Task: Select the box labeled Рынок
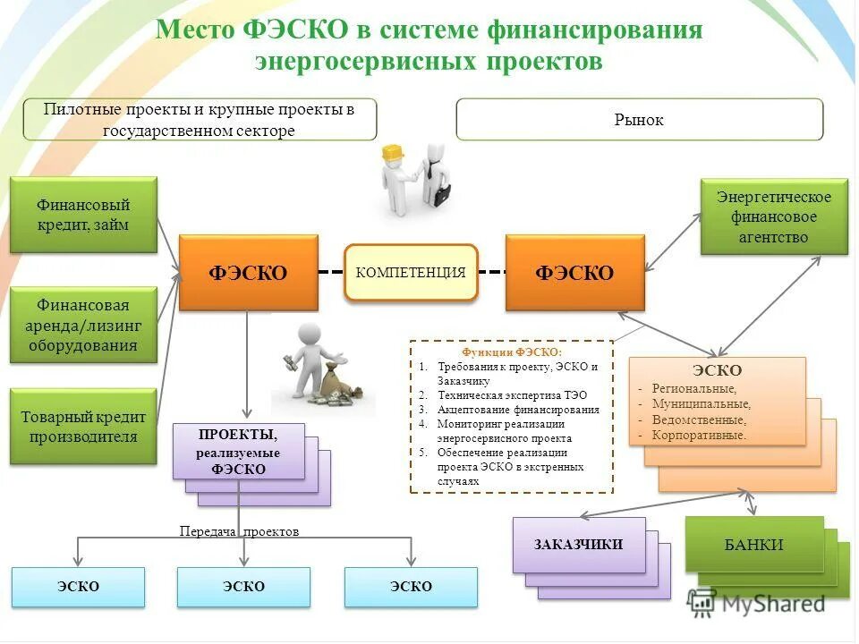click(639, 119)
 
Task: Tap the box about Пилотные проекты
click(200, 119)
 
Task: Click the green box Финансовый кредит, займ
click(83, 215)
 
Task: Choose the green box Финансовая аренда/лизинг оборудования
click(83, 325)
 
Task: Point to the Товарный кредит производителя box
click(83, 427)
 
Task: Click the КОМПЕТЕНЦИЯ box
click(411, 272)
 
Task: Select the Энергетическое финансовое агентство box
click(773, 216)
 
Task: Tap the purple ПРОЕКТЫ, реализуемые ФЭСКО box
click(238, 451)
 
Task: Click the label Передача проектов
click(239, 531)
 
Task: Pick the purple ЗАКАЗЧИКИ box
click(578, 544)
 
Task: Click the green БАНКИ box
click(753, 544)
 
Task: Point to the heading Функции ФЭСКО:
click(512, 352)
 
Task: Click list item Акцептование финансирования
click(518, 409)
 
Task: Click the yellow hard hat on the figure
click(393, 154)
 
